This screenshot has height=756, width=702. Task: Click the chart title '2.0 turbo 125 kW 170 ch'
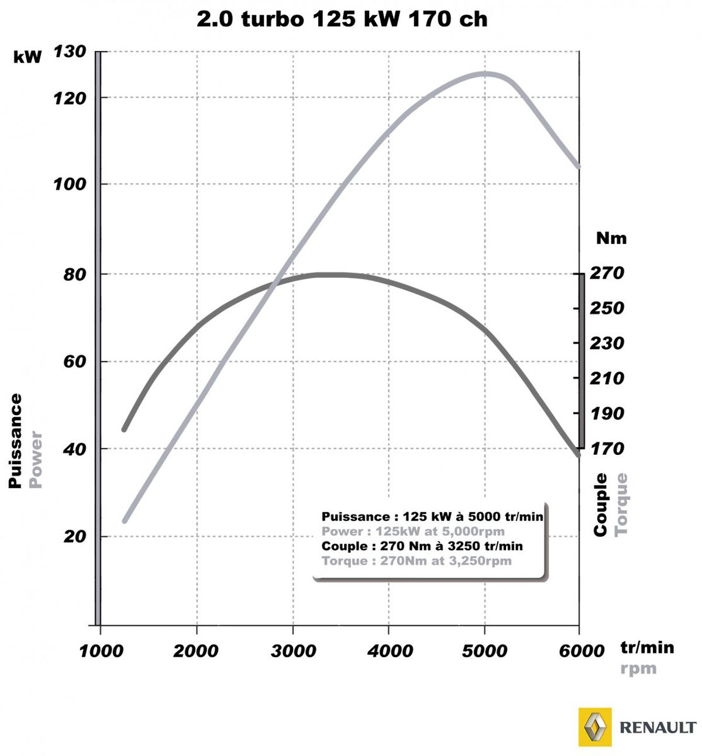(x=342, y=19)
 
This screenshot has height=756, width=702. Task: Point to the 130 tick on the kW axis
(x=70, y=52)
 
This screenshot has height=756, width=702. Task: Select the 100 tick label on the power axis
(x=70, y=184)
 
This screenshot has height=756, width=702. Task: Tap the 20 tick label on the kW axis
(x=75, y=537)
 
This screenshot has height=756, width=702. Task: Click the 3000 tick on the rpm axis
(x=293, y=651)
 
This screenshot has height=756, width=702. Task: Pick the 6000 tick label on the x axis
(x=581, y=651)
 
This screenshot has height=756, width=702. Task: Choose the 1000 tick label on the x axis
(x=101, y=651)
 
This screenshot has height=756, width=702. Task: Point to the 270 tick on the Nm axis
(x=607, y=273)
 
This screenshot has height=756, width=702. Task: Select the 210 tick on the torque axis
(x=607, y=378)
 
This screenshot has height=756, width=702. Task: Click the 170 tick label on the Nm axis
(x=607, y=448)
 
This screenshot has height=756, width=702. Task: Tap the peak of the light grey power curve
(x=484, y=74)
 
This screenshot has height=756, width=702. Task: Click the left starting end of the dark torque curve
(x=124, y=430)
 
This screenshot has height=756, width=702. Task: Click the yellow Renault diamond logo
(x=595, y=727)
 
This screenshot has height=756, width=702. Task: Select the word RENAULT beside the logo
(x=658, y=727)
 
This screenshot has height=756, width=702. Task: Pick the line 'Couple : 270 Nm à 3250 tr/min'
(x=422, y=546)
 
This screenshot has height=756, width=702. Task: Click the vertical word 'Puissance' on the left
(x=15, y=441)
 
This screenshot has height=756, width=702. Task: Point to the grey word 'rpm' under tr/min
(x=638, y=668)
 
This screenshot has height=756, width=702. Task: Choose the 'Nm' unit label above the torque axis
(x=611, y=239)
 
